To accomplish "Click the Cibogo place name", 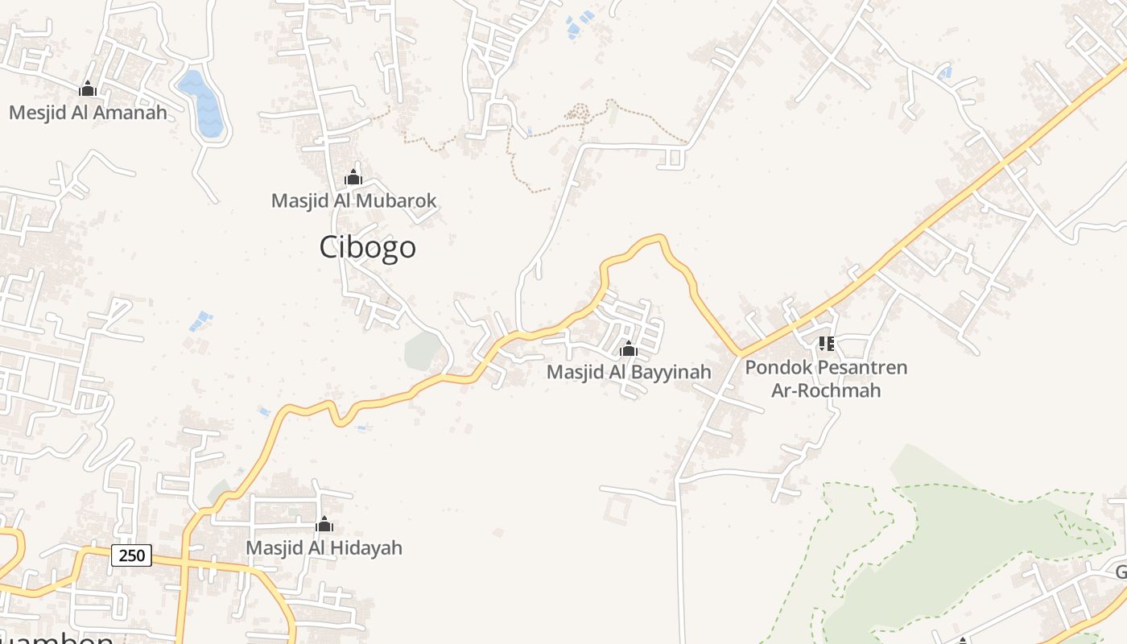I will (368, 247).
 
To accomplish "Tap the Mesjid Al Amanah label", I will (88, 113).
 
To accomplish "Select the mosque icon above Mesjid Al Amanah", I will (88, 89).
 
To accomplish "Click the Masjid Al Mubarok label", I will (353, 201).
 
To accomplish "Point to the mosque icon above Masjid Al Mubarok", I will (353, 177).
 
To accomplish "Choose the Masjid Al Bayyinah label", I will (629, 372).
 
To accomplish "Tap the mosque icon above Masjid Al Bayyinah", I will (628, 349).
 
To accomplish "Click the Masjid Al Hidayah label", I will (324, 548).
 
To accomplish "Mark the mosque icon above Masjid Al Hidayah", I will (324, 525).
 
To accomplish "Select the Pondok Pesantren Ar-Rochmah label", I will (826, 379).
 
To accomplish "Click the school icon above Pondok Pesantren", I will (826, 345).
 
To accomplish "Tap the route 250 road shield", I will (131, 555).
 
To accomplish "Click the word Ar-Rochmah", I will (826, 391).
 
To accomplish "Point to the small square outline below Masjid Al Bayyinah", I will (619, 510).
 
